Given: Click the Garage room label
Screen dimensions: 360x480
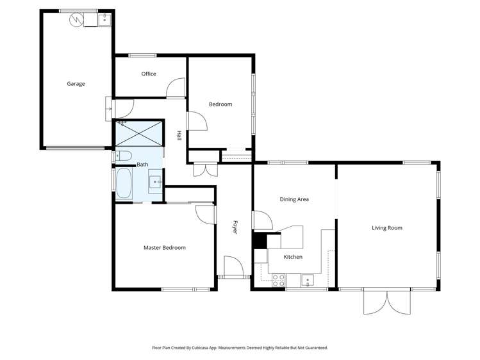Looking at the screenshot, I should tap(76, 84).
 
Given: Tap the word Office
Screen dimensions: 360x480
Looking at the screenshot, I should tap(149, 74).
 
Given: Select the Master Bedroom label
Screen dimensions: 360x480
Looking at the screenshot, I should tap(164, 248).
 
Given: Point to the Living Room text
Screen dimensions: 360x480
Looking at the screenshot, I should tap(386, 228).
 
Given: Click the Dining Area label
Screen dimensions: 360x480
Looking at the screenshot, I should tap(294, 199).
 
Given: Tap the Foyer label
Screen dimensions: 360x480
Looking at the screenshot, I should tap(235, 227).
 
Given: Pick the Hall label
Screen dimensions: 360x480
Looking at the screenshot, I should tap(179, 136).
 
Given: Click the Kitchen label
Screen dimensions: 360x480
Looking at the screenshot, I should tap(293, 257).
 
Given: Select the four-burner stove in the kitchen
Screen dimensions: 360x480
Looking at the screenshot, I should tap(279, 280).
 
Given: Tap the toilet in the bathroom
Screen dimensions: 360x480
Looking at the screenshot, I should tap(124, 156).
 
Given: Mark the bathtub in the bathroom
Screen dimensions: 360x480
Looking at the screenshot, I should tap(123, 184).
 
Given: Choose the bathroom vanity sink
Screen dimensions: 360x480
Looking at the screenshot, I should tap(155, 183).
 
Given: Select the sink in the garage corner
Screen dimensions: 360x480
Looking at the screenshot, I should tap(104, 19).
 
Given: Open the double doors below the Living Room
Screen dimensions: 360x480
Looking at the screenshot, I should tap(386, 302).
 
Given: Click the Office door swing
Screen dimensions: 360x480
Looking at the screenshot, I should tap(175, 88).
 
